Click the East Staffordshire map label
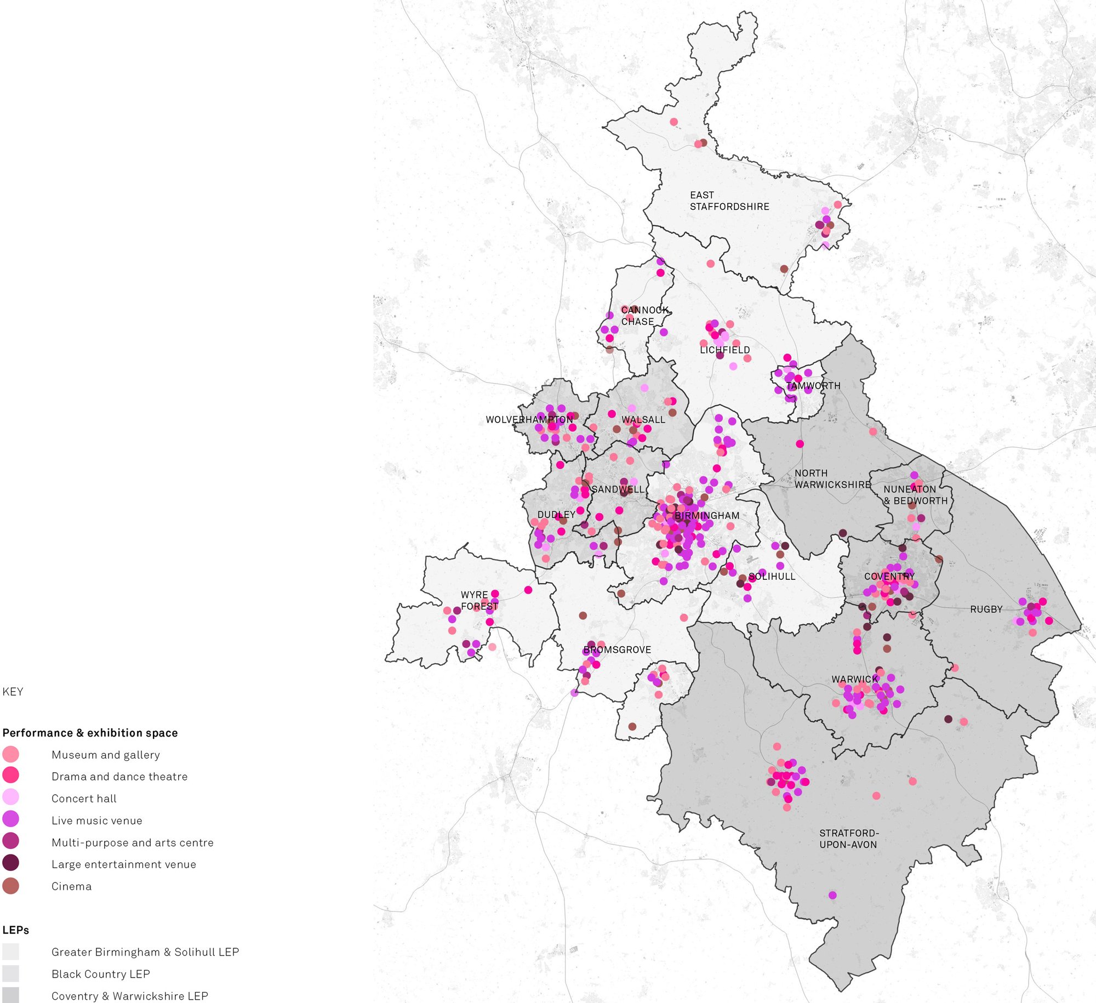click(x=729, y=201)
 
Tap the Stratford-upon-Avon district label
click(x=848, y=839)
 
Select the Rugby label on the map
click(x=986, y=609)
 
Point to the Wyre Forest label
click(x=479, y=600)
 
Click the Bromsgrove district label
click(x=617, y=649)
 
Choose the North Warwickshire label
click(x=832, y=478)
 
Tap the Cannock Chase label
click(x=645, y=316)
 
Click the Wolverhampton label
click(x=529, y=419)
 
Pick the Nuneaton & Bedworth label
click(x=915, y=494)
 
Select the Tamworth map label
click(x=813, y=385)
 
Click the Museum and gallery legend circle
click(x=10, y=754)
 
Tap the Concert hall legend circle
click(x=10, y=796)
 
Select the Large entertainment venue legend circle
click(x=10, y=863)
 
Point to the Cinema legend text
click(x=71, y=886)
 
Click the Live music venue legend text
click(x=96, y=820)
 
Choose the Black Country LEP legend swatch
click(x=10, y=973)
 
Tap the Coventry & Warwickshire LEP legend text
click(x=129, y=996)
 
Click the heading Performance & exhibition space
click(x=90, y=733)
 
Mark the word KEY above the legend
click(x=13, y=692)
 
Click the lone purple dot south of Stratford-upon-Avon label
click(x=832, y=895)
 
